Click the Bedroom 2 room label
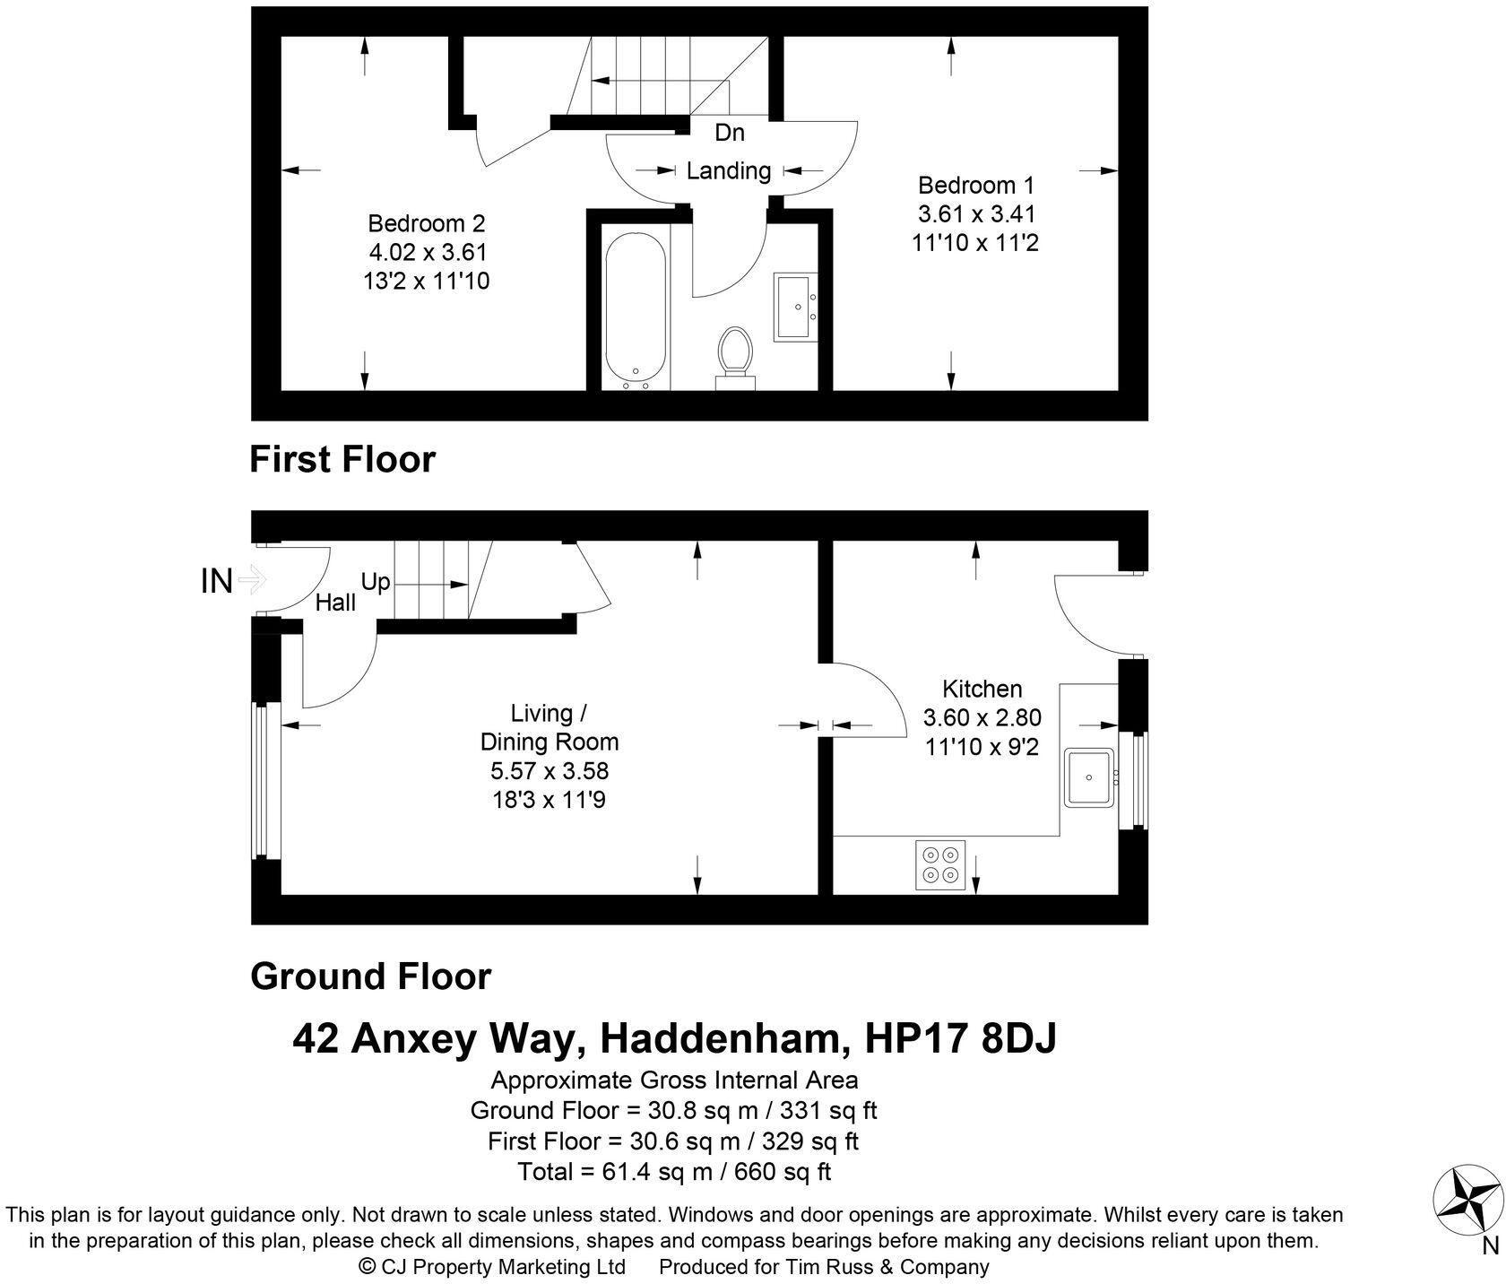[x=427, y=223]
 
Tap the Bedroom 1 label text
[x=975, y=186]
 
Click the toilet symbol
[x=735, y=355]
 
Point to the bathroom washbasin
[x=795, y=307]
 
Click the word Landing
[x=728, y=170]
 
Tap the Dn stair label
[x=729, y=133]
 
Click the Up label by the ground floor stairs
[x=376, y=582]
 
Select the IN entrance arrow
[x=253, y=580]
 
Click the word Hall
[x=335, y=603]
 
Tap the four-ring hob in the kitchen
[x=940, y=864]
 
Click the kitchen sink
[x=1089, y=776]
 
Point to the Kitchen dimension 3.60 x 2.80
[x=982, y=717]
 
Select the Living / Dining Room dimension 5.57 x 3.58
[x=549, y=770]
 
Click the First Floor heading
[x=342, y=459]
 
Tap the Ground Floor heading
[x=370, y=976]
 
